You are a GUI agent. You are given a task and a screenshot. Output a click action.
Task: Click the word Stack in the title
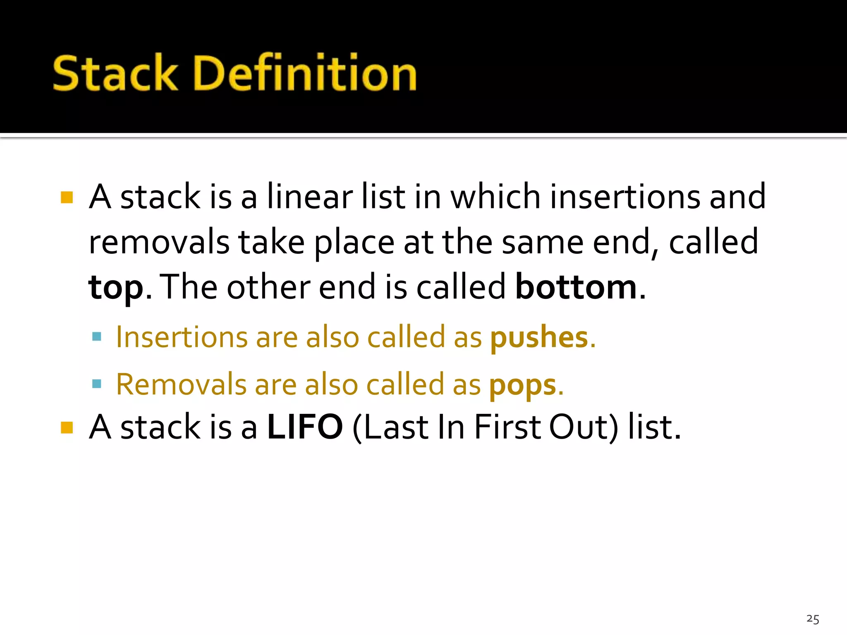point(115,73)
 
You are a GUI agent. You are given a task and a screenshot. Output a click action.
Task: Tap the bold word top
point(116,288)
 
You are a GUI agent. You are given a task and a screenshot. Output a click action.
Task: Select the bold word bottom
point(576,287)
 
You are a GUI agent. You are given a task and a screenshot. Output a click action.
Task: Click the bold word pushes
point(539,338)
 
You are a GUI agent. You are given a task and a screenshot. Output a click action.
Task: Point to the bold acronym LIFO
point(305,427)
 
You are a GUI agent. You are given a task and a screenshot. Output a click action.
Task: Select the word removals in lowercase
point(159,242)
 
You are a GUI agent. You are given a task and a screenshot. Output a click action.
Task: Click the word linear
point(310,197)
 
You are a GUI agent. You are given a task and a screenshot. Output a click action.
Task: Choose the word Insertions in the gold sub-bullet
point(181,337)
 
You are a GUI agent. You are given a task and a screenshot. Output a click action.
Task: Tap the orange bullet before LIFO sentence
point(67,427)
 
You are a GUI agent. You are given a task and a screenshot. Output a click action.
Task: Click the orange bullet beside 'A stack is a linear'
point(67,198)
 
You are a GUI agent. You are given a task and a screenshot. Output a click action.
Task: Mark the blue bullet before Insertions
point(97,337)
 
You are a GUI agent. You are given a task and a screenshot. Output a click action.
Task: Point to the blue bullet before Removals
point(97,384)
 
